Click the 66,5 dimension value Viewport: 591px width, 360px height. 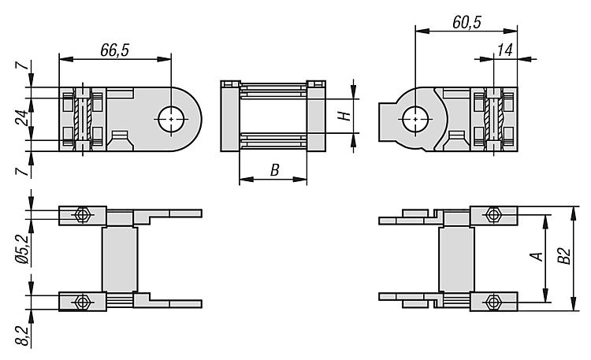114,50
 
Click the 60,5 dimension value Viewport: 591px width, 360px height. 467,23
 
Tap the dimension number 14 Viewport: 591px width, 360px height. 504,50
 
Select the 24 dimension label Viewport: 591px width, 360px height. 21,118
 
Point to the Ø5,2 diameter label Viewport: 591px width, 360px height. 21,249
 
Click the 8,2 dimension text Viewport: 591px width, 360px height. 22,336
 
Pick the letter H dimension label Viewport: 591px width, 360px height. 344,116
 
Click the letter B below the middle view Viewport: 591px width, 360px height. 275,170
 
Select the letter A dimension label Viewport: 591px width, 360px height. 537,257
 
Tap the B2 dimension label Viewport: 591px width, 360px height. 564,256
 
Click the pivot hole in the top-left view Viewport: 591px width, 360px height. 171,119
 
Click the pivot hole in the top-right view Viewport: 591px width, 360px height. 415,119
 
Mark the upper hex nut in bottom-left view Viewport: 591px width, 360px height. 82,215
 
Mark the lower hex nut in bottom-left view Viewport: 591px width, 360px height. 82,302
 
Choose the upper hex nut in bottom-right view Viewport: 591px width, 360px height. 493,215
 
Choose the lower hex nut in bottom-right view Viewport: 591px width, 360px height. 493,302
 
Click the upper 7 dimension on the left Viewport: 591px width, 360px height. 22,65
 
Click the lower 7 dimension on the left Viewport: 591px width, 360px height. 22,172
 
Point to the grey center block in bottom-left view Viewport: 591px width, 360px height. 120,259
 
